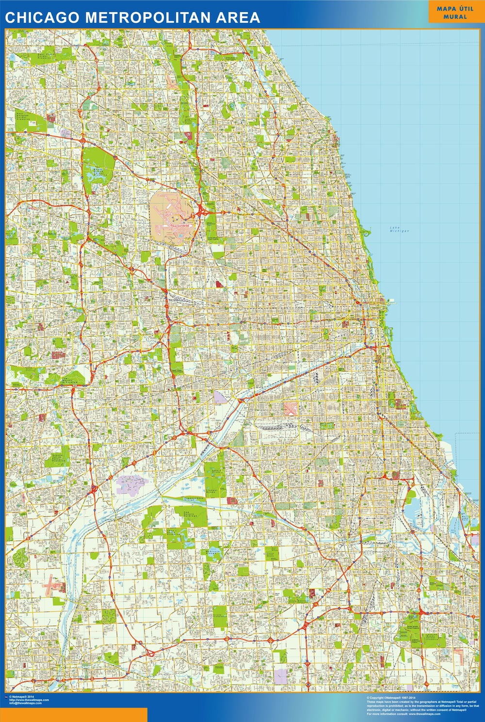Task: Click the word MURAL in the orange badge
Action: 455,16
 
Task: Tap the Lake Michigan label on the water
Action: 399,229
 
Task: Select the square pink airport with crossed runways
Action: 291,408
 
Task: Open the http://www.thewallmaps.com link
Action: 29,700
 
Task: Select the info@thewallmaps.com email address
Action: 25,703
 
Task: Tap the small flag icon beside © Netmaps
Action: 6,697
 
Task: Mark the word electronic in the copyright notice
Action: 376,710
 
